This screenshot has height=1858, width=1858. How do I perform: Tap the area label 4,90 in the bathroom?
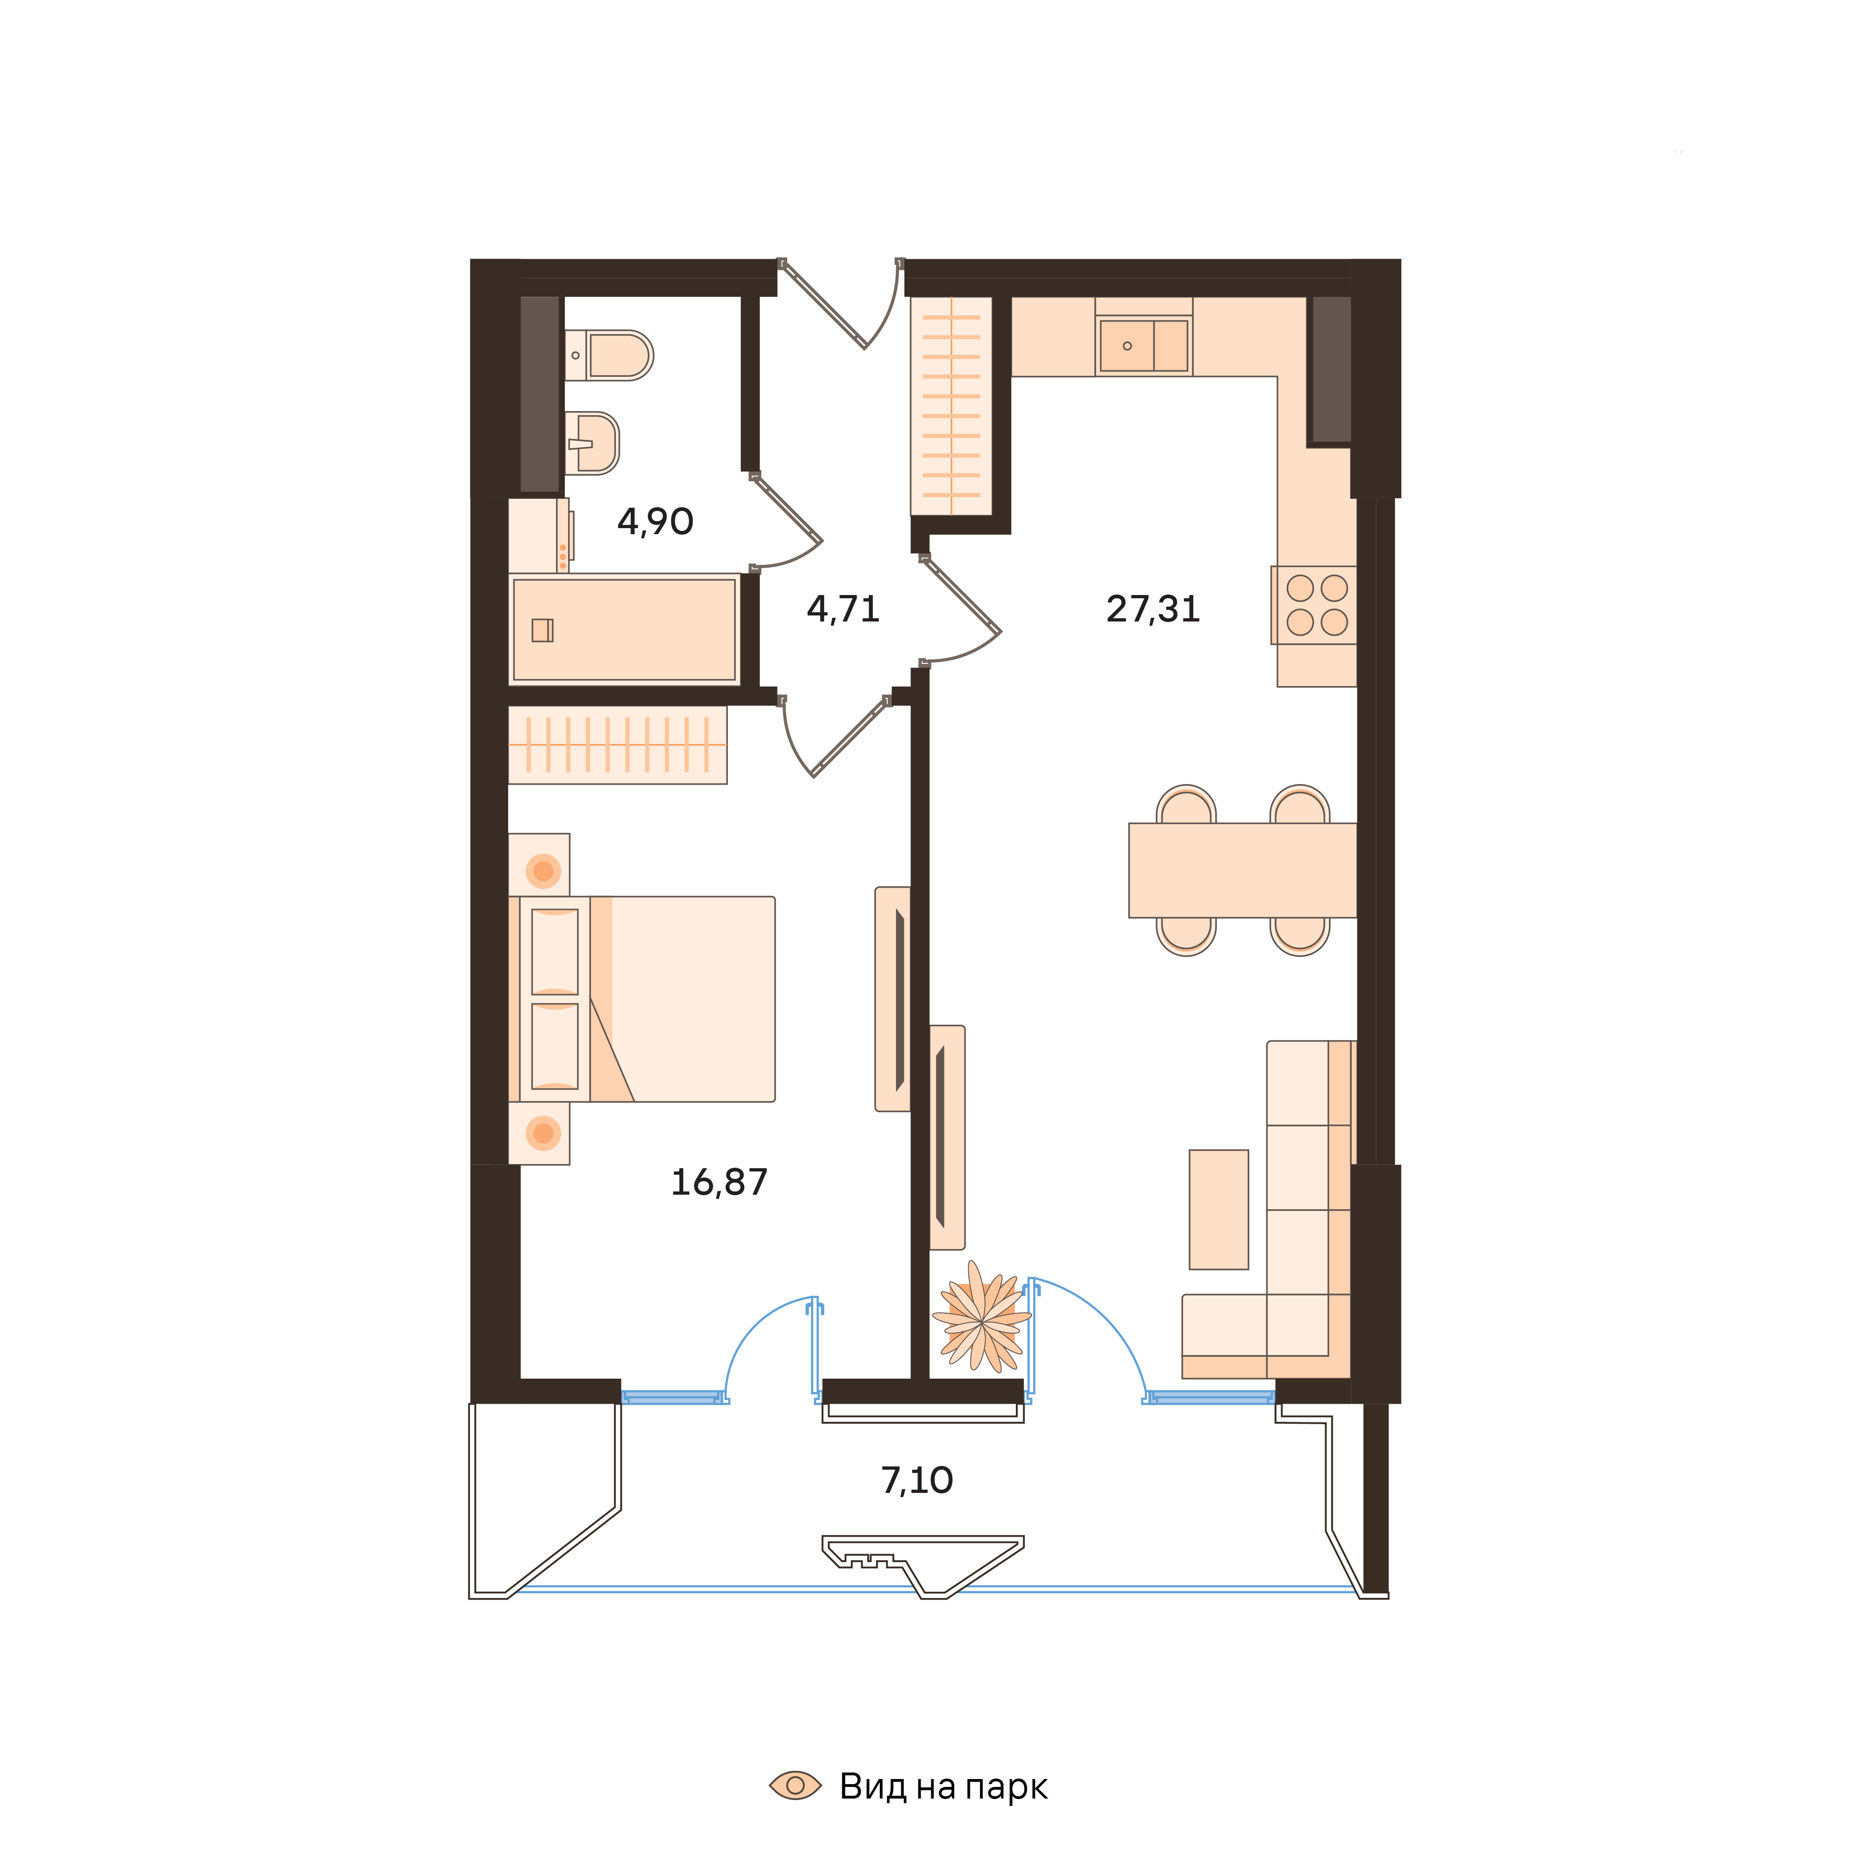(x=655, y=521)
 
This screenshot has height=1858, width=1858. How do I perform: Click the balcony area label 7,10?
(x=916, y=1480)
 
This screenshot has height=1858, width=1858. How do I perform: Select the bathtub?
(x=624, y=630)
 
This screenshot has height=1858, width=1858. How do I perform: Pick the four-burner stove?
(x=1316, y=605)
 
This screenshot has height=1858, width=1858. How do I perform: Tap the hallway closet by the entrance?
(x=951, y=406)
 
